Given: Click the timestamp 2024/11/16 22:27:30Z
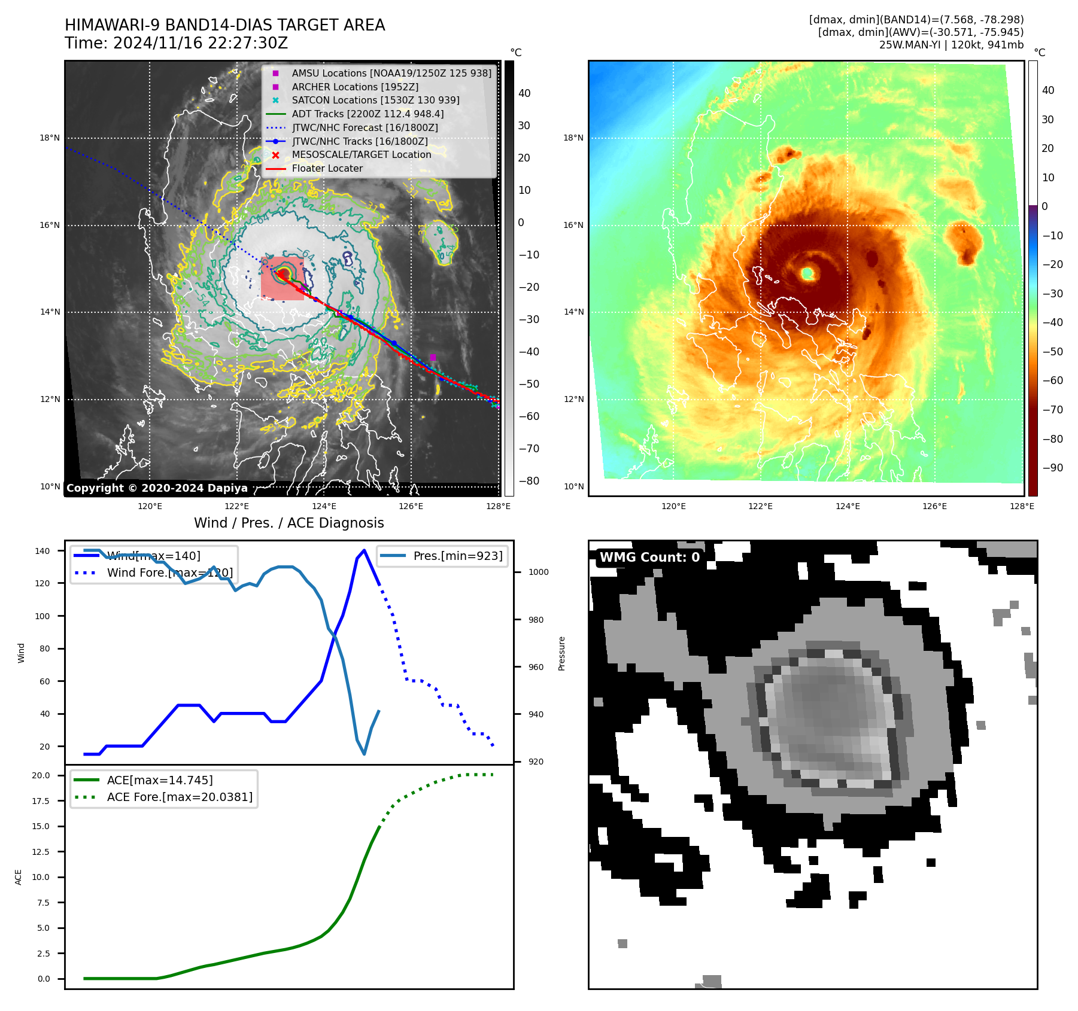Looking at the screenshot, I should point(201,44).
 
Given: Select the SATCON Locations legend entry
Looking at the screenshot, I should point(375,101).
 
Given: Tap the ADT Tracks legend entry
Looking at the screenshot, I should point(368,114).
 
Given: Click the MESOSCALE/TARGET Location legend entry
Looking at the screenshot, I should point(361,155).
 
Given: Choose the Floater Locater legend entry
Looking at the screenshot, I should point(327,169).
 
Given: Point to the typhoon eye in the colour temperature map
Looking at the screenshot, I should point(807,273).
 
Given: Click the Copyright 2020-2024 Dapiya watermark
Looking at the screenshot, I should point(157,488).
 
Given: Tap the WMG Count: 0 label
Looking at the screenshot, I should point(649,558).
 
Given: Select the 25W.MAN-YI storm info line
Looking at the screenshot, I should point(951,45).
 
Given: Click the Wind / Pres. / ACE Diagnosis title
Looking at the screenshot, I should point(289,523).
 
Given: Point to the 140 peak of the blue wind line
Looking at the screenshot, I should point(364,550).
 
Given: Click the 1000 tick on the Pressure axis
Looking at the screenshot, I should point(538,573).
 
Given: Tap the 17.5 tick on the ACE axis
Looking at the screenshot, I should point(41,801).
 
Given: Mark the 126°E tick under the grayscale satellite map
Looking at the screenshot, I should point(411,507).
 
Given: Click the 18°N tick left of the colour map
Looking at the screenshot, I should point(573,138).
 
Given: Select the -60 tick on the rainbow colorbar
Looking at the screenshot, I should point(1052,380).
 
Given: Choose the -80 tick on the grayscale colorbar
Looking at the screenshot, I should point(529,481).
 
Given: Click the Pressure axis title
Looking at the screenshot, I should point(561,653).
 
